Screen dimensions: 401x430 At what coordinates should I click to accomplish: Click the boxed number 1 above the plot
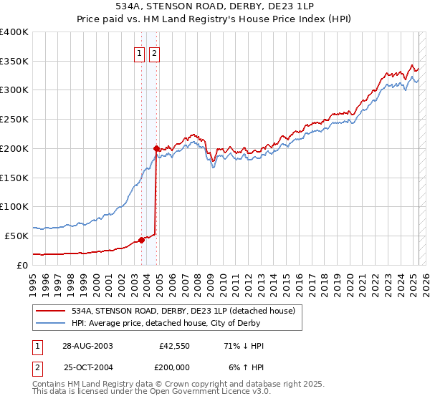pos(140,52)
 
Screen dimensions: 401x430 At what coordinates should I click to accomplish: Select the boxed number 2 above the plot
pos(155,52)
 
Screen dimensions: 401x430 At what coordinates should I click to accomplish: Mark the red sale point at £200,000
pos(156,148)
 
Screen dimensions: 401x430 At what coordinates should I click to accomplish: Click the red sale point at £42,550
pos(141,241)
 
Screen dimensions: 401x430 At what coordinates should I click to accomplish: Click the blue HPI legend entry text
pos(171,323)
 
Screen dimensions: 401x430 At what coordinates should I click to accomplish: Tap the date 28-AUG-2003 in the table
pos(87,346)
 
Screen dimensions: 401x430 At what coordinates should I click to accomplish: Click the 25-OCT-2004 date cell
pos(87,367)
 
